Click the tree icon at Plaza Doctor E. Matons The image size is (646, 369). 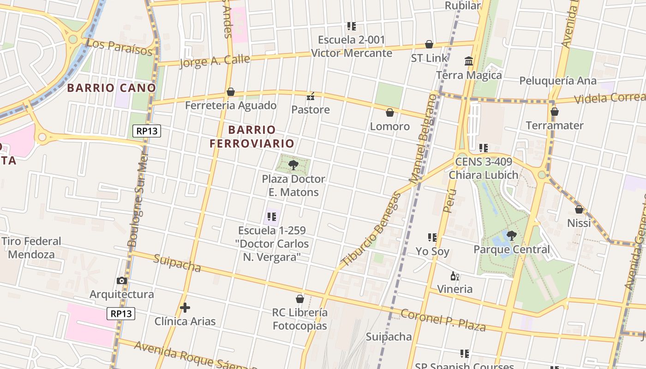[293, 165]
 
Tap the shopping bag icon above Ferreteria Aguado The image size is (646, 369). [231, 92]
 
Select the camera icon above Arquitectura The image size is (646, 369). [122, 280]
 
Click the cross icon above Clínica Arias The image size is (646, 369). [185, 308]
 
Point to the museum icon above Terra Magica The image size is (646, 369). [469, 61]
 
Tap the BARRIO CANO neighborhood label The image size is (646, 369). [112, 88]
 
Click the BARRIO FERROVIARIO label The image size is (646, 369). [252, 137]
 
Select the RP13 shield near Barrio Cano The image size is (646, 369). [147, 131]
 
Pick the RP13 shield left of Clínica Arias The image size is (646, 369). [121, 314]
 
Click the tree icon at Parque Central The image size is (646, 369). [511, 236]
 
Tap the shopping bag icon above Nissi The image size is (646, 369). [579, 209]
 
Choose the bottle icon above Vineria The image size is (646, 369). [455, 276]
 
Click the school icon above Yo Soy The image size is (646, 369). [432, 238]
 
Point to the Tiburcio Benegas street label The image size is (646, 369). [371, 229]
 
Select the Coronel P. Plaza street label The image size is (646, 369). [443, 320]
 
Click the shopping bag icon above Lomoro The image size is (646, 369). [390, 113]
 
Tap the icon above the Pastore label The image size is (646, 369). [311, 96]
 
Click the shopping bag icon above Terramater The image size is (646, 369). [555, 112]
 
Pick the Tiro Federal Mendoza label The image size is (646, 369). [31, 248]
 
